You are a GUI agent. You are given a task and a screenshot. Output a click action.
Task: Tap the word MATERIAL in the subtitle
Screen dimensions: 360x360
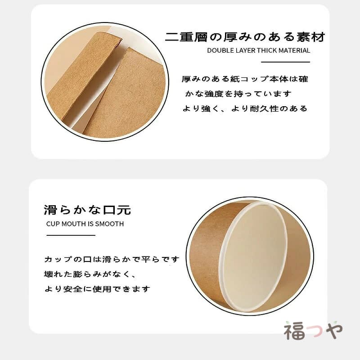[x=294, y=50]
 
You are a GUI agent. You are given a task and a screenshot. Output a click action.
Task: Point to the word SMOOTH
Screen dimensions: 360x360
[x=109, y=224]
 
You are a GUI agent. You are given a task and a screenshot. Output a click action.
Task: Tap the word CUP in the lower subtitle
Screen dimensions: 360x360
[x=53, y=224]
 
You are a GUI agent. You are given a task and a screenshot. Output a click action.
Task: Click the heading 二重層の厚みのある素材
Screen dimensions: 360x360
[x=245, y=37]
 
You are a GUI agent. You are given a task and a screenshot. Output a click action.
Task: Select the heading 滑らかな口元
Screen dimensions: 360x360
[x=87, y=210]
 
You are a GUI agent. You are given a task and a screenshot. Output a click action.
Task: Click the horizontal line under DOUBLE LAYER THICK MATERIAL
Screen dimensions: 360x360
[x=286, y=62]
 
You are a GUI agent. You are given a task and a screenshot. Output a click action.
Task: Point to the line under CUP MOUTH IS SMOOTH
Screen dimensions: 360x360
[x=71, y=235]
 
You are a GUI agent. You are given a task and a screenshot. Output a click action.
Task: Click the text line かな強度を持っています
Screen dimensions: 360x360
[x=238, y=94]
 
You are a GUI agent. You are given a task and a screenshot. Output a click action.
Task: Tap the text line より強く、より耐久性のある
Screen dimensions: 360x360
[x=245, y=108]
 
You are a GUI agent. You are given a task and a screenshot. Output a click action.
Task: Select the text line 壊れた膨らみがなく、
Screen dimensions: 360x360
[x=90, y=274]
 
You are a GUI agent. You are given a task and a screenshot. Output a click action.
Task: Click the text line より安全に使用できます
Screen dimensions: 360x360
[x=97, y=289]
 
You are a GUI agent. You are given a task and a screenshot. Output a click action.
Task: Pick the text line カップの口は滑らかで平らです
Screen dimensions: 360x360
[x=112, y=260]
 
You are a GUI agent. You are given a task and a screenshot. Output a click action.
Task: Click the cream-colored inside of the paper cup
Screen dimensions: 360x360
[x=254, y=256]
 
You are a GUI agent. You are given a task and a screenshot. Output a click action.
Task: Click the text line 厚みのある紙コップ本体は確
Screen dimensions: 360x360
[x=245, y=79]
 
